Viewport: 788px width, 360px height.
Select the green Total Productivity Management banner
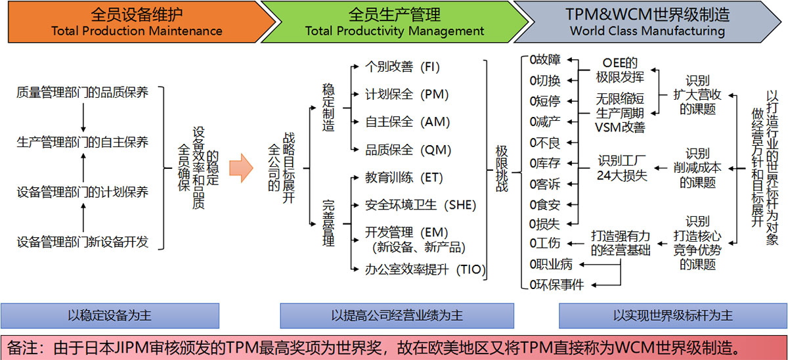pyautogui.click(x=394, y=22)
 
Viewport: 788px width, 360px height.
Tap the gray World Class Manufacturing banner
pyautogui.click(x=647, y=22)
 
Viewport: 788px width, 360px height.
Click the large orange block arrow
pyautogui.click(x=241, y=168)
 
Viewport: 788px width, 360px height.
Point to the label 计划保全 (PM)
pyautogui.click(x=406, y=95)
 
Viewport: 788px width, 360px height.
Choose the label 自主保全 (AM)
pyautogui.click(x=407, y=122)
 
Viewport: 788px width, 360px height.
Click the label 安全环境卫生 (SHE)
pyautogui.click(x=420, y=205)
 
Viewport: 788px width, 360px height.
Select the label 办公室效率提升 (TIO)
pyautogui.click(x=425, y=269)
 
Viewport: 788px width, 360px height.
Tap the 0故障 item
pyautogui.click(x=545, y=60)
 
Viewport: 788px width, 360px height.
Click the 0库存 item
pyautogui.click(x=545, y=164)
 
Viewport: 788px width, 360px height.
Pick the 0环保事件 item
pyautogui.click(x=557, y=284)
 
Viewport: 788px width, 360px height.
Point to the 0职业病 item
pyautogui.click(x=551, y=264)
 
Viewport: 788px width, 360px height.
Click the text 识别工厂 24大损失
pyautogui.click(x=622, y=168)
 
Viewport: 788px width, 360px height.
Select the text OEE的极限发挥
pyautogui.click(x=620, y=70)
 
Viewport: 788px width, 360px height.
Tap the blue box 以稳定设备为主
pyautogui.click(x=110, y=316)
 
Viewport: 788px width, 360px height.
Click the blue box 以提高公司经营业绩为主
pyautogui.click(x=397, y=316)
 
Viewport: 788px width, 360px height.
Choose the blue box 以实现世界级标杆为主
pyautogui.click(x=673, y=316)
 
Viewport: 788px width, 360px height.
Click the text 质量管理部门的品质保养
pyautogui.click(x=83, y=93)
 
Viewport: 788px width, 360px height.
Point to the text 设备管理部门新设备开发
pyautogui.click(x=83, y=242)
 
